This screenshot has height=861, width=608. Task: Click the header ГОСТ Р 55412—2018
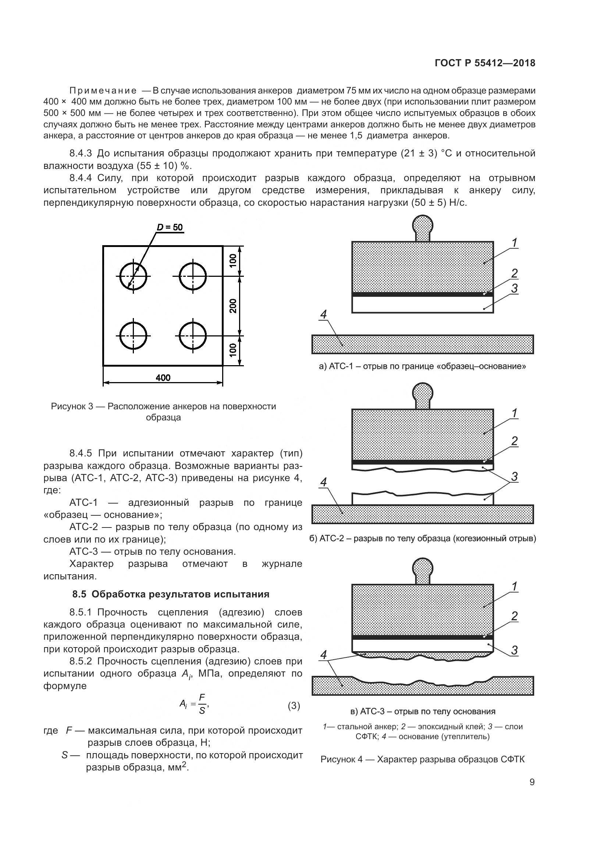(x=485, y=63)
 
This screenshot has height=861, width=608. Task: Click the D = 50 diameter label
(x=170, y=227)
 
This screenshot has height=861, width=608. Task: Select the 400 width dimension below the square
(x=163, y=378)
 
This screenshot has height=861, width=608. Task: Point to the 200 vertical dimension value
(x=233, y=306)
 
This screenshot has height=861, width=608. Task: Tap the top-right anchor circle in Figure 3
(x=193, y=276)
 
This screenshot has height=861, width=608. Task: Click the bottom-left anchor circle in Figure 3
(x=134, y=335)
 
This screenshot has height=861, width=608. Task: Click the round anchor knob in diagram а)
(x=423, y=224)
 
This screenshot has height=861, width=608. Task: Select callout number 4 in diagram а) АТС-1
(x=324, y=314)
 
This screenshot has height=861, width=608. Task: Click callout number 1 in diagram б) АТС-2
(x=515, y=413)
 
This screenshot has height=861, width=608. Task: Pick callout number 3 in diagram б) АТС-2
(x=515, y=477)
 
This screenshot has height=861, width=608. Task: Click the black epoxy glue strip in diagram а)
(x=422, y=294)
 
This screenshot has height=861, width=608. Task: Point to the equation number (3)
(x=294, y=706)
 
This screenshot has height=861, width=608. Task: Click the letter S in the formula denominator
(x=202, y=710)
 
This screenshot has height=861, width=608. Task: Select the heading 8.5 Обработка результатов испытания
(x=171, y=594)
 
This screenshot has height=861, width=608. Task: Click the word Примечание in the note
(x=103, y=91)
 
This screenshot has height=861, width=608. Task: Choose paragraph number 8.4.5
(x=81, y=454)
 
